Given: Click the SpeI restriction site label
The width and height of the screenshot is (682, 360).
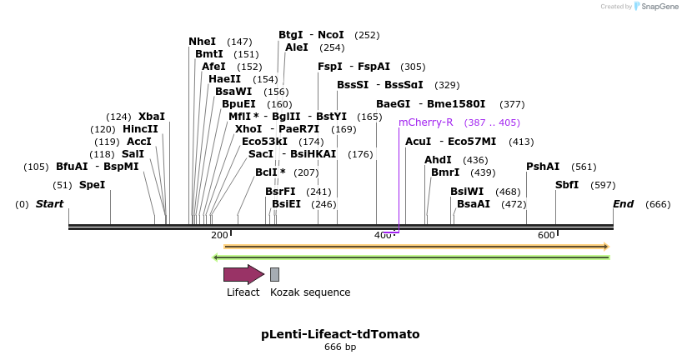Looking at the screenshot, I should pyautogui.click(x=92, y=185).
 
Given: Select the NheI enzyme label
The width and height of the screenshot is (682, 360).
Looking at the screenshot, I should pyautogui.click(x=202, y=42).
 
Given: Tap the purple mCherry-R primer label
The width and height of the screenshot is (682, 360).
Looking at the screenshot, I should pyautogui.click(x=425, y=122).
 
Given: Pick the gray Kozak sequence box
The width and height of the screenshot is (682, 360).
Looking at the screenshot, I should pyautogui.click(x=274, y=274).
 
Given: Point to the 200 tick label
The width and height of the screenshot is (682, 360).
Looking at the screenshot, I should pyautogui.click(x=219, y=236).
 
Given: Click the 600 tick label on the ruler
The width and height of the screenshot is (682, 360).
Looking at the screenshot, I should pyautogui.click(x=546, y=236).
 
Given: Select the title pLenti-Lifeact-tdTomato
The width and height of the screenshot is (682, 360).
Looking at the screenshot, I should pyautogui.click(x=340, y=334).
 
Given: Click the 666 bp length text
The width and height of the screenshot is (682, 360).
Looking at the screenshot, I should pyautogui.click(x=340, y=347).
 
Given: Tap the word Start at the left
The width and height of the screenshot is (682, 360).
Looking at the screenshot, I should pyautogui.click(x=49, y=204).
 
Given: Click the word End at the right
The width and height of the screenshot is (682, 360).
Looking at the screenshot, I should pyautogui.click(x=623, y=204).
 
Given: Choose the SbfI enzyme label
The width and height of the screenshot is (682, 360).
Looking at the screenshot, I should pyautogui.click(x=567, y=185).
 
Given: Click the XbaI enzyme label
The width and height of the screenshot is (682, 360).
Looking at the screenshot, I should pyautogui.click(x=152, y=117).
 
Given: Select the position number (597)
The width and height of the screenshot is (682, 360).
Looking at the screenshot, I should pyautogui.click(x=603, y=185).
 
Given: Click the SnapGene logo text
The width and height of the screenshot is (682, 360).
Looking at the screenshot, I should pyautogui.click(x=659, y=7).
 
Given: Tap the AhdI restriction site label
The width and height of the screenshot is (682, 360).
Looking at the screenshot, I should pyautogui.click(x=438, y=160).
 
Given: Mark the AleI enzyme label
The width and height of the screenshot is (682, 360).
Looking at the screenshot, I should pyautogui.click(x=296, y=47).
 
